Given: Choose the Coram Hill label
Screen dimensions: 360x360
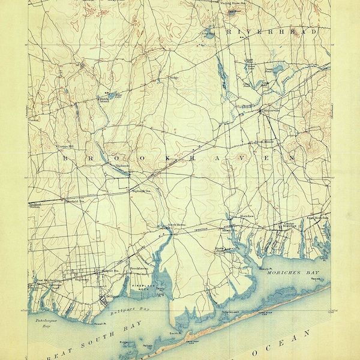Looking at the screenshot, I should tap(64, 146).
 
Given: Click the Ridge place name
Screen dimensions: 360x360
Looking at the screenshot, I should tap(173, 77).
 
